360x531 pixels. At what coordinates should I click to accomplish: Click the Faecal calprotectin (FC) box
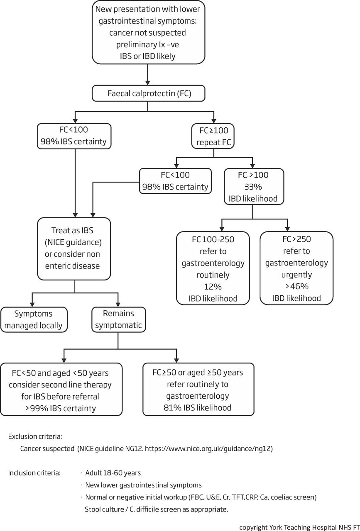point(148,93)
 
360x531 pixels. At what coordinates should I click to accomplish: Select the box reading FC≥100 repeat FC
point(213,136)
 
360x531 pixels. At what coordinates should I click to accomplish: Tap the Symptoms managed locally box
point(34,319)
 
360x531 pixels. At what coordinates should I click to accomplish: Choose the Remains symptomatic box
point(119,319)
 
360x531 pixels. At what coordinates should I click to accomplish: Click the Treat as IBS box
point(74,248)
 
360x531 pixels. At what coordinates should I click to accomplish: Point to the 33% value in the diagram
point(253,187)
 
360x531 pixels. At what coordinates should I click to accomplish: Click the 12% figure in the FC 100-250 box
point(213,287)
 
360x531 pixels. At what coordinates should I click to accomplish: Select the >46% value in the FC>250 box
point(296,286)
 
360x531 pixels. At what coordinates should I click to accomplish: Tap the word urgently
point(296,275)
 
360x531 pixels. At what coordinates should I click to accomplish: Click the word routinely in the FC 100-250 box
point(213,275)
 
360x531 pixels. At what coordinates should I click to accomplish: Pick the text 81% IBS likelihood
point(198,407)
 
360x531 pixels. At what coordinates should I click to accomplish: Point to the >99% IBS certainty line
point(61,408)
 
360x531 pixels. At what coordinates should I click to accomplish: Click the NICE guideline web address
point(208,449)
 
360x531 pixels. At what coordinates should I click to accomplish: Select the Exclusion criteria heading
point(35,436)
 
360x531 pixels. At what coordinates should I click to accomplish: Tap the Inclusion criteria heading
point(34,473)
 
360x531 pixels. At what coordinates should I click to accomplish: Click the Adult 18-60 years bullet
point(113,473)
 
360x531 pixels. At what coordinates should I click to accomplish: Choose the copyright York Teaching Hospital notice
point(299,527)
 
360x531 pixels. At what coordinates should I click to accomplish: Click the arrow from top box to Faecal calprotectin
point(147,74)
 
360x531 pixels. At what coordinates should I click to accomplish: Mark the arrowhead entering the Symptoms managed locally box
point(32,304)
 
